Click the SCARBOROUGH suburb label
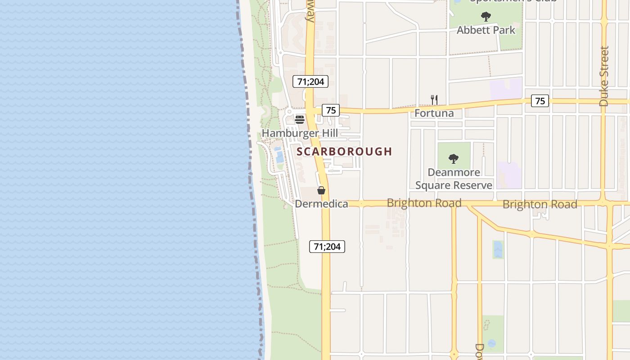click(x=344, y=152)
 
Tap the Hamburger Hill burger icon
click(x=300, y=120)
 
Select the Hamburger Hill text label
click(x=300, y=133)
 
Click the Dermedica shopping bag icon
click(x=321, y=190)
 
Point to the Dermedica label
click(x=321, y=204)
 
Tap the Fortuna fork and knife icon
click(x=434, y=100)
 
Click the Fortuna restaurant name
click(x=434, y=113)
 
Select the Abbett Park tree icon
click(x=486, y=17)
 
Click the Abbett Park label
click(x=486, y=30)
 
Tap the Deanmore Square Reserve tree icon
click(x=454, y=158)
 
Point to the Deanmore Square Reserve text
click(x=454, y=179)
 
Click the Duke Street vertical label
click(x=604, y=76)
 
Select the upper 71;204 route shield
click(x=310, y=81)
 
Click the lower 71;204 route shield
click(x=327, y=247)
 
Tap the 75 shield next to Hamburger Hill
click(x=331, y=110)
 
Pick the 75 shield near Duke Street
click(x=540, y=101)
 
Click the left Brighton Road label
click(x=424, y=203)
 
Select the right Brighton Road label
click(x=540, y=204)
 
